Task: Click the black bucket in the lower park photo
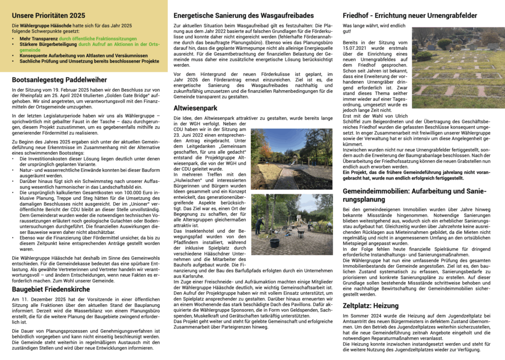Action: pyautogui.click(x=274, y=242)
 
